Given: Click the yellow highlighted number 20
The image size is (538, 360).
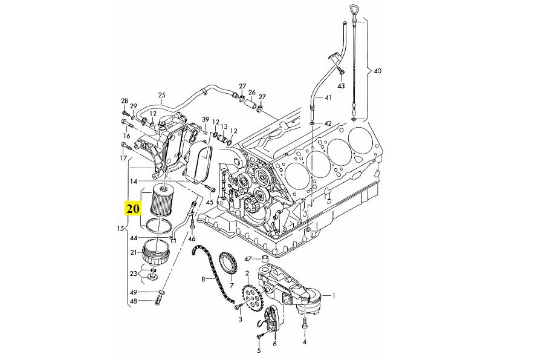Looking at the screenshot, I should tap(133, 209).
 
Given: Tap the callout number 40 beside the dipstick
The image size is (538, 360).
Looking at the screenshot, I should tap(378, 71).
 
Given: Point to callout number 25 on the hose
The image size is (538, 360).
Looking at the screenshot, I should tap(161, 95).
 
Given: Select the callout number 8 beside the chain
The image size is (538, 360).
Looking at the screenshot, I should tap(204, 280).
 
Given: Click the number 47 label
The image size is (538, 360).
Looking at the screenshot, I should tap(248, 259).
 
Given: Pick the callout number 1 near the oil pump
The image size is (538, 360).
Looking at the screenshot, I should tap(334, 296).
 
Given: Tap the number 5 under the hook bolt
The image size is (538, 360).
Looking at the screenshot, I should tap(259, 350).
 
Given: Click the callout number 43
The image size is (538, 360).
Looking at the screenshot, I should tap(341, 87).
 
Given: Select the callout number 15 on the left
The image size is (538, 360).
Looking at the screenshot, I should tap(120, 229).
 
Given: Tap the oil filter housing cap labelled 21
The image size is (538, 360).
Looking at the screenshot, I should tap(157, 252).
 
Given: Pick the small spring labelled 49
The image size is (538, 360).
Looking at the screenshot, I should tap(161, 293).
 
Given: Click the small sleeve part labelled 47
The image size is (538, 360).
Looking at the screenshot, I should tap(264, 260).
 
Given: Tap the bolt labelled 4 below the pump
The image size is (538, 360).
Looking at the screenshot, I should tap(305, 327).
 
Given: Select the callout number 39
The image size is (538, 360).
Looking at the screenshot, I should tap(206, 119).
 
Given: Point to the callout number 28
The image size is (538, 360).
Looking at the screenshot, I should tap(125, 100).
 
